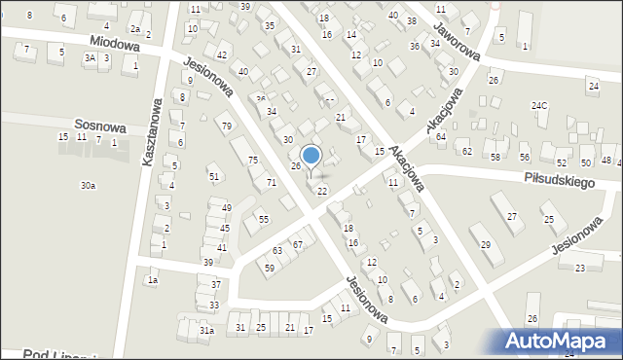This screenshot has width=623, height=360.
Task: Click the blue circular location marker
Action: pyautogui.click(x=311, y=156)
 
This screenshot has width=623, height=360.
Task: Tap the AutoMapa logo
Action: pyautogui.click(x=562, y=341)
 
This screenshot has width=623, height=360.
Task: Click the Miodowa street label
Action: pyautogui.click(x=114, y=44)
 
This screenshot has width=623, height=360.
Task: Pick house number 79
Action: pyautogui.click(x=226, y=126)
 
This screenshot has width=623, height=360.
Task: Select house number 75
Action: pyautogui.click(x=253, y=161)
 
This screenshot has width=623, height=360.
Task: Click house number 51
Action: pyautogui.click(x=214, y=176)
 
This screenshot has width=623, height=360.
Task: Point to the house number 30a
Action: pyautogui.click(x=89, y=185)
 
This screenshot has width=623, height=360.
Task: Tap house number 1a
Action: pyautogui.click(x=152, y=280)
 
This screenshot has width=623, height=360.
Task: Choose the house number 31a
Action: pyautogui.click(x=206, y=332)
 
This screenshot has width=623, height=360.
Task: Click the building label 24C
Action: pyautogui.click(x=539, y=105)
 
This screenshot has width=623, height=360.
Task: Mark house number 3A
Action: pyautogui.click(x=91, y=58)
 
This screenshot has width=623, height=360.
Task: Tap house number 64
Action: pyautogui.click(x=441, y=137)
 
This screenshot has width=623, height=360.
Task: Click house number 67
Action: pyautogui.click(x=298, y=243)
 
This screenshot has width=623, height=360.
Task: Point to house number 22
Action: pyautogui.click(x=322, y=191)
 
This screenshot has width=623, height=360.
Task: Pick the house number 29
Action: pyautogui.click(x=485, y=243)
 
